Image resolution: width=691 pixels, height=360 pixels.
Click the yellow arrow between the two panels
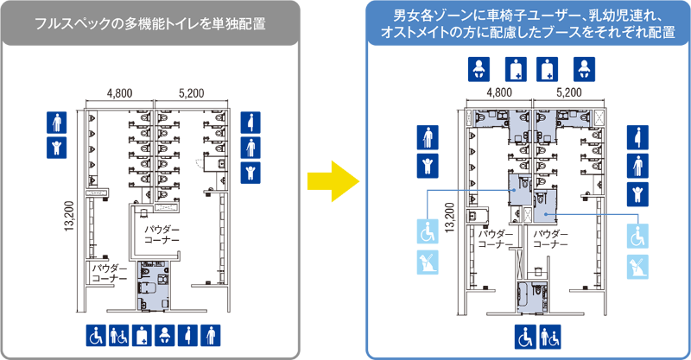click(x=333, y=181)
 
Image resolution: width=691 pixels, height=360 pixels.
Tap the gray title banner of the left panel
click(x=150, y=23)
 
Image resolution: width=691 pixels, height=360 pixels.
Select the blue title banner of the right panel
click(x=528, y=23)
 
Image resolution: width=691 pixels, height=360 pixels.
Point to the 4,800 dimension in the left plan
click(x=119, y=93)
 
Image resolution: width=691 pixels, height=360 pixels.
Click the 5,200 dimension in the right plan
click(x=569, y=92)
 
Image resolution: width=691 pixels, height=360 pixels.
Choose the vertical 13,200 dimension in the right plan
click(x=449, y=218)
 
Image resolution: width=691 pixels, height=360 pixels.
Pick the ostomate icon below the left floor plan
click(x=142, y=336)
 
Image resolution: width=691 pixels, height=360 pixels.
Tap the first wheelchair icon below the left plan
click(x=96, y=336)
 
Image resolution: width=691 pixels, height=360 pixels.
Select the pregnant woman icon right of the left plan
click(x=250, y=123)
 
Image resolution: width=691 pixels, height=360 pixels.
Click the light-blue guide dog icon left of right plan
click(x=428, y=262)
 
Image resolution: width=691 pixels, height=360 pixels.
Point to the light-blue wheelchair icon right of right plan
click(x=637, y=236)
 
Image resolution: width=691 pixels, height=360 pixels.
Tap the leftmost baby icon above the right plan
click(x=479, y=69)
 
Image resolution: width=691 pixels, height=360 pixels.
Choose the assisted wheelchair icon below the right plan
click(x=550, y=337)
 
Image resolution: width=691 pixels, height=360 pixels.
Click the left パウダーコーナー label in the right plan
click(x=496, y=239)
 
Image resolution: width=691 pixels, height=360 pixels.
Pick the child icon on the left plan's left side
click(x=57, y=148)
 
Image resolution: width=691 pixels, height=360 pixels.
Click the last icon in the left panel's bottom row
click(x=211, y=336)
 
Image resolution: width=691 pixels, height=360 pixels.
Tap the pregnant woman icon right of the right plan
click(x=637, y=137)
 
